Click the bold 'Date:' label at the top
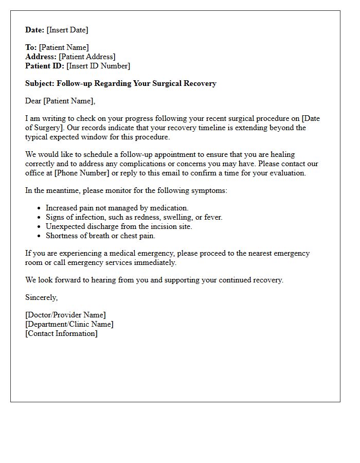pos(35,30)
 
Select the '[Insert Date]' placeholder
pos(67,30)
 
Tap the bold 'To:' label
pos(31,47)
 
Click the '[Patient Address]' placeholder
pos(87,57)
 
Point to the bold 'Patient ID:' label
pos(45,66)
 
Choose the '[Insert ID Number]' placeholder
pos(98,66)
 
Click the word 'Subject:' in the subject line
pos(40,83)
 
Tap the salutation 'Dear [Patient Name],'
pos(60,101)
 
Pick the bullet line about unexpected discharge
pos(119,226)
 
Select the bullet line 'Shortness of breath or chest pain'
pos(100,236)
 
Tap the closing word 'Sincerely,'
pos(42,297)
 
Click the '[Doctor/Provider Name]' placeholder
pos(65,315)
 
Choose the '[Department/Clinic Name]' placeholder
pos(69,324)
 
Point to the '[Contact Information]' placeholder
pos(61,333)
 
